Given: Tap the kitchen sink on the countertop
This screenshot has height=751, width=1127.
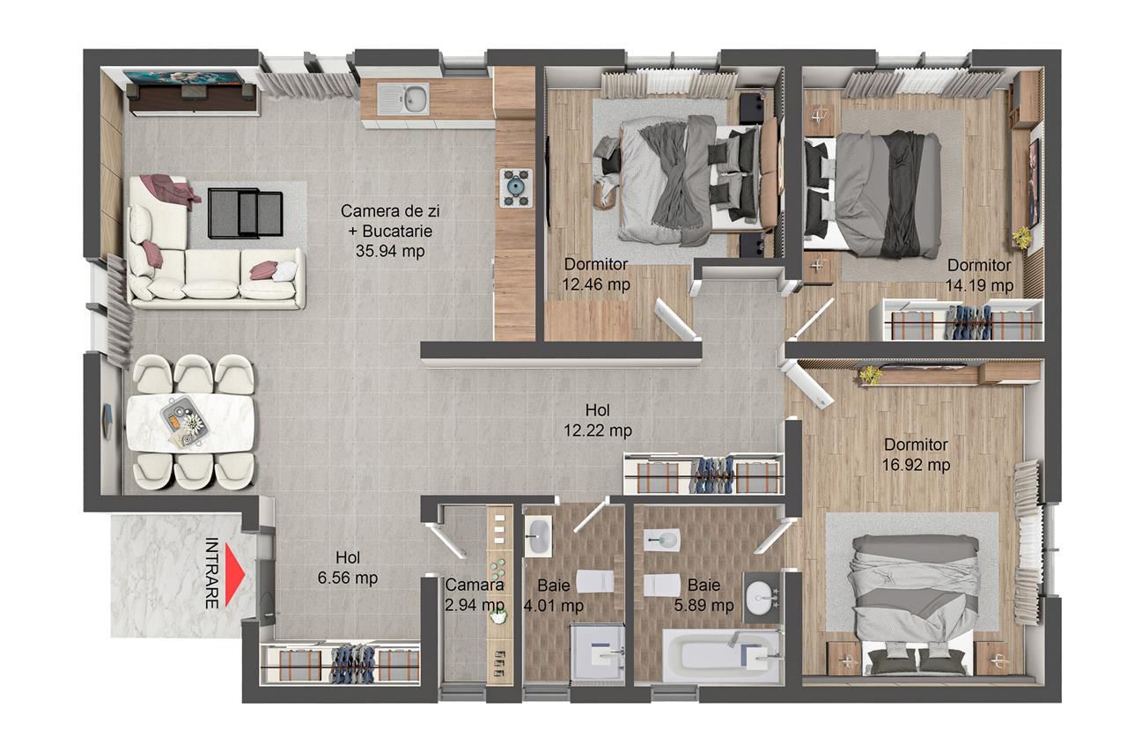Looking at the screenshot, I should (x=403, y=99).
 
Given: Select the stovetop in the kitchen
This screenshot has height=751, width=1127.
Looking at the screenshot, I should (x=514, y=187).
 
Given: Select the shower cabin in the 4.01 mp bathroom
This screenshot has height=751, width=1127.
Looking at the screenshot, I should (x=598, y=652).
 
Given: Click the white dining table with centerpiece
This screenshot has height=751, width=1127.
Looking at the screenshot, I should (x=190, y=422).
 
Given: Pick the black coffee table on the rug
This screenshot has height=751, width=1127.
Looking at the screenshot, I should (x=246, y=213).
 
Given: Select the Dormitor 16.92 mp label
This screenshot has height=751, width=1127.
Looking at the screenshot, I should (x=917, y=454).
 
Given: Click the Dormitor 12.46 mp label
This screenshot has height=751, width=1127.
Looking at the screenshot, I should (x=596, y=274).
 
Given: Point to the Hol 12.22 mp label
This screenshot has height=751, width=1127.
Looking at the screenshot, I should (x=598, y=420).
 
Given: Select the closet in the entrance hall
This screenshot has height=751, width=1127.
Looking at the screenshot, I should (x=342, y=663).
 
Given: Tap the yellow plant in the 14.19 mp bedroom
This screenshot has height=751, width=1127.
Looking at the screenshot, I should (x=1022, y=237).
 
